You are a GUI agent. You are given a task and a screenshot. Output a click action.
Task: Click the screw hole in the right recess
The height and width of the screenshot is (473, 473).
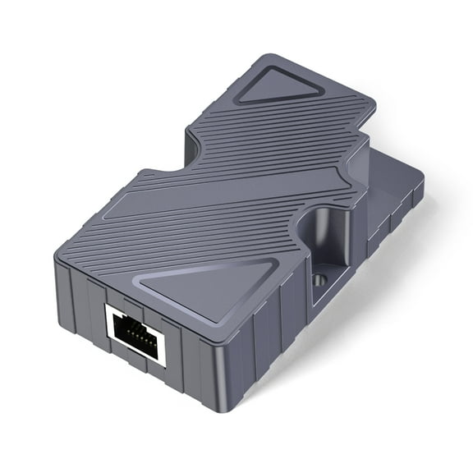tap(319, 280)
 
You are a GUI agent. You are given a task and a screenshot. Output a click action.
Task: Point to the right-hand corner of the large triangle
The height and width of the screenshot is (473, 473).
tap(274, 261)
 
